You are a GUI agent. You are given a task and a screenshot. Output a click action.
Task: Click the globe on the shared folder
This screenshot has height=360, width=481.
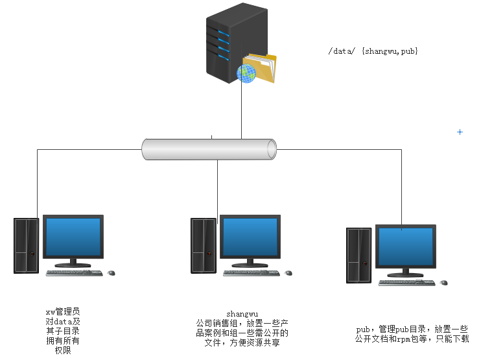pos(247,73)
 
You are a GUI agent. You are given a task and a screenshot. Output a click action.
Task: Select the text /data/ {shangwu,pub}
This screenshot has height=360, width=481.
pos(373,51)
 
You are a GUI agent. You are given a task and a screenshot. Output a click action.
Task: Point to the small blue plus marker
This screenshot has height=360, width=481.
pos(460,132)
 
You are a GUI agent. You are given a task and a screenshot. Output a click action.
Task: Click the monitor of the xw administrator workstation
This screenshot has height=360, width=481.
pos(73,237)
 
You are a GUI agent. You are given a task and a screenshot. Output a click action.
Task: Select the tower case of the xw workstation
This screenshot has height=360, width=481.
pos(27,245)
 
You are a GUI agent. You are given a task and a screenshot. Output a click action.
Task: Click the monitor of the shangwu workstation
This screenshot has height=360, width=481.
pos(250,237)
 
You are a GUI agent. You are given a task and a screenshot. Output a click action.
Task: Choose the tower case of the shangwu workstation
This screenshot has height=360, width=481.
pos(204,245)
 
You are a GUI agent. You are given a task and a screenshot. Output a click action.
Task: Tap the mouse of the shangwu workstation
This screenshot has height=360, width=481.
pos(288,273)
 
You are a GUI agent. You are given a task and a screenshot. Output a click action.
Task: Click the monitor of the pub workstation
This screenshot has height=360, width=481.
pos(405,247)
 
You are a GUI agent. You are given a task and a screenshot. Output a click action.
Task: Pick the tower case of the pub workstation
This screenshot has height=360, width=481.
pos(358,255)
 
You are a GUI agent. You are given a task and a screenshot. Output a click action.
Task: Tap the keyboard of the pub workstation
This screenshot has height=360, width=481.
pos(406,283)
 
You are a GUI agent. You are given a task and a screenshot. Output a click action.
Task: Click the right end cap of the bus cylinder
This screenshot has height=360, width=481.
pos(272,149)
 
